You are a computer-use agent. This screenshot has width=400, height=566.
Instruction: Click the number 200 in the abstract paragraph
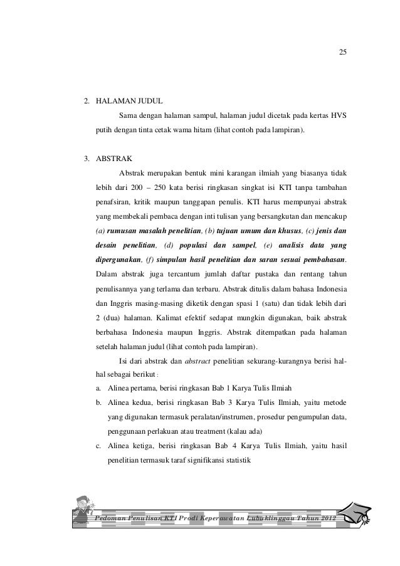click(x=132, y=187)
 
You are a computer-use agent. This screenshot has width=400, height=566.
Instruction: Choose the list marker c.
click(x=99, y=447)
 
